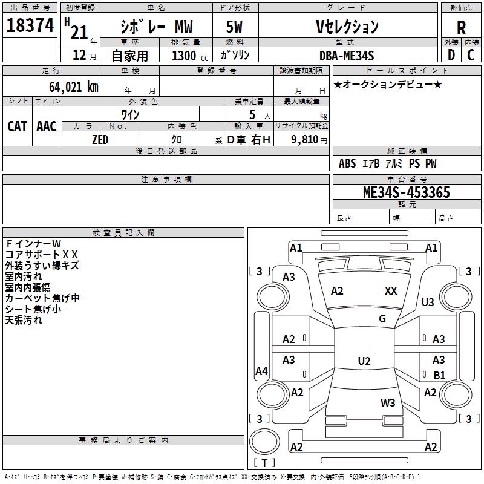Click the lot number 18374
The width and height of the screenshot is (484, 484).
(x=30, y=27)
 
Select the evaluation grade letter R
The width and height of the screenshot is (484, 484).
(x=461, y=28)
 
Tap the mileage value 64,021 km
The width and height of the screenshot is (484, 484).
(x=67, y=87)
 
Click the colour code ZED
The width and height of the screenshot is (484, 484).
(x=100, y=140)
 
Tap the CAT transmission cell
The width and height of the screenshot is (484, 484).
(x=17, y=126)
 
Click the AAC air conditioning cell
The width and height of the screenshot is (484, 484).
(x=47, y=126)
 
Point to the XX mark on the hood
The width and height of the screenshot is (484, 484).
(x=391, y=291)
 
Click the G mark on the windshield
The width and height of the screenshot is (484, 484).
(x=382, y=319)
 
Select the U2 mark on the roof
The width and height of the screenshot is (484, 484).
(x=364, y=361)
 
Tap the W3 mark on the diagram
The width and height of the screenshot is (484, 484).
(x=388, y=402)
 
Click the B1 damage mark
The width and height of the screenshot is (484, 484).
(x=439, y=375)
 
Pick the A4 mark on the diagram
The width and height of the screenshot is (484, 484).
(x=261, y=371)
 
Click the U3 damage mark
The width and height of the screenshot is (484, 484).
(x=428, y=302)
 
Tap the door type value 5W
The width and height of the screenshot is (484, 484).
(x=235, y=27)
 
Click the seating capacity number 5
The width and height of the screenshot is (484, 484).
(x=252, y=114)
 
